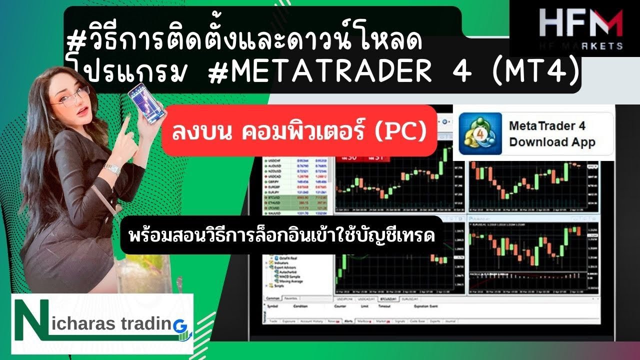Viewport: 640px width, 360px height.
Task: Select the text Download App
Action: tap(552, 142)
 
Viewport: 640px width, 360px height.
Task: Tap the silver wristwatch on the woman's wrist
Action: tap(111, 168)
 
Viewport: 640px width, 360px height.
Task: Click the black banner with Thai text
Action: tap(281, 235)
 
